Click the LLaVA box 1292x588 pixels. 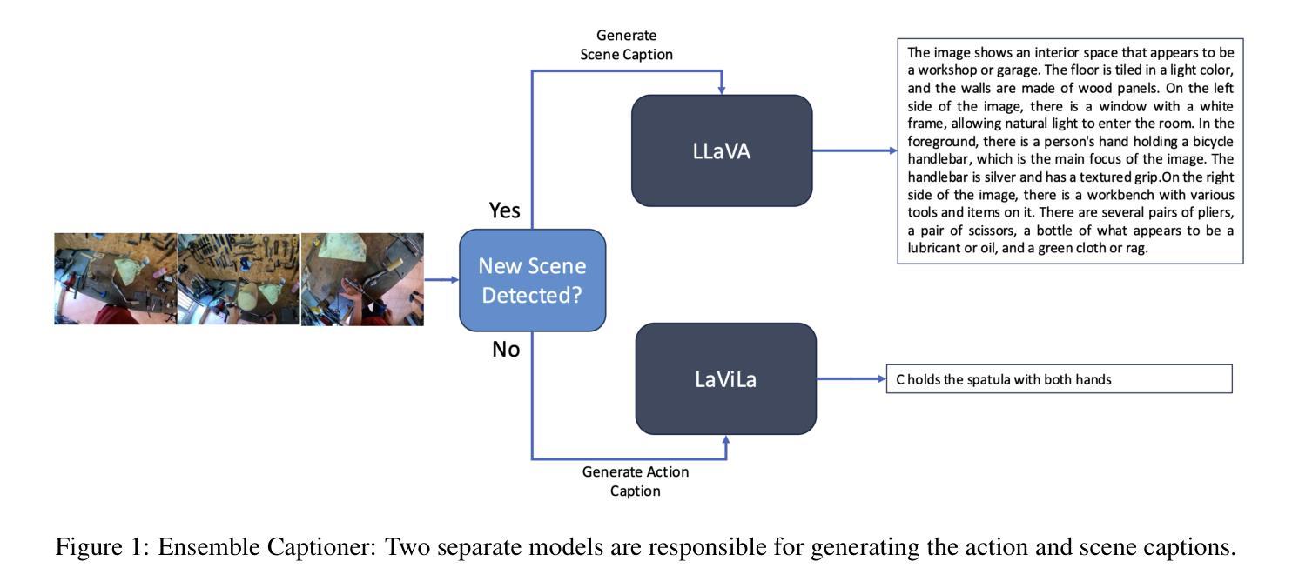pyautogui.click(x=722, y=150)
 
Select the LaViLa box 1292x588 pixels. pyautogui.click(x=726, y=378)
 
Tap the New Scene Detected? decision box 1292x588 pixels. pyautogui.click(x=532, y=280)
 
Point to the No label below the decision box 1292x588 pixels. pyautogui.click(x=505, y=349)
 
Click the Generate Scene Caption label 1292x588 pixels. pyautogui.click(x=626, y=43)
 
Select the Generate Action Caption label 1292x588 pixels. pyautogui.click(x=635, y=481)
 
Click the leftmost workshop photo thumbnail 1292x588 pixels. pyautogui.click(x=116, y=278)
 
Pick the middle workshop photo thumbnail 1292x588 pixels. pyautogui.click(x=239, y=278)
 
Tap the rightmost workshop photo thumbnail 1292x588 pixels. pyautogui.click(x=362, y=278)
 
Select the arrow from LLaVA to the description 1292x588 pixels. pyautogui.click(x=854, y=150)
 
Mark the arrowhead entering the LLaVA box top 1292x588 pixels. pyautogui.click(x=721, y=90)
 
